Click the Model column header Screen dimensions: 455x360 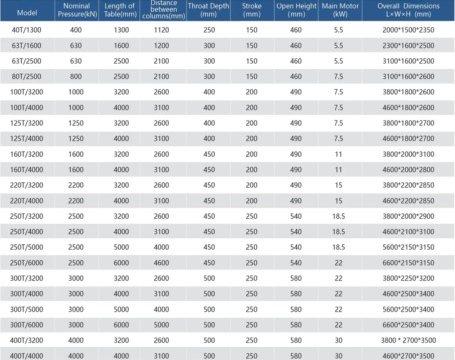coord(27,13)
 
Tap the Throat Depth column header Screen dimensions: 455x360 coord(209,10)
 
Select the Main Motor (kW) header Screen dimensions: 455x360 coord(340,10)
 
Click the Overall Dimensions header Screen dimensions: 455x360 coord(408,10)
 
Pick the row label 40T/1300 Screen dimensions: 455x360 coord(27,30)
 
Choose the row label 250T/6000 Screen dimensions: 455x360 coord(27,263)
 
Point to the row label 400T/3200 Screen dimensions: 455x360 coord(27,340)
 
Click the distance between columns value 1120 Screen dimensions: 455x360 coord(161,30)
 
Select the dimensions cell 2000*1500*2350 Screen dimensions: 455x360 coord(408,30)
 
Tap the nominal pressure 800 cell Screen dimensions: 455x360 coord(76,76)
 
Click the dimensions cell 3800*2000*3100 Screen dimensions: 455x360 coord(408,154)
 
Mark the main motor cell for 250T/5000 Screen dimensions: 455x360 coord(339,247)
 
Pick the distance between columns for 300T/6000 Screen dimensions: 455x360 coord(161,325)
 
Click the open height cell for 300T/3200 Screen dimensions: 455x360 coord(296,278)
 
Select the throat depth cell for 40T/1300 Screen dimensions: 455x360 coord(209,30)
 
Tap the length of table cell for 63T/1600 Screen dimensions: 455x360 coord(121,45)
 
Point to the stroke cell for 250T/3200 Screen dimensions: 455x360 coord(251,216)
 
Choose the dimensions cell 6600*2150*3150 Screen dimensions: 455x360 coord(408,263)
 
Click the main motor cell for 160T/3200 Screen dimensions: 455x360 coord(339,154)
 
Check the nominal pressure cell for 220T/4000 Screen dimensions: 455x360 coord(76,200)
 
